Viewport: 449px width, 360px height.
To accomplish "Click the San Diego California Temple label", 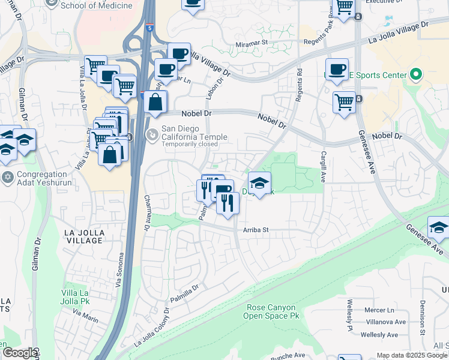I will click(194, 133).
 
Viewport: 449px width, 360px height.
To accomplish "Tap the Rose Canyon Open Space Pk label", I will click(272, 311).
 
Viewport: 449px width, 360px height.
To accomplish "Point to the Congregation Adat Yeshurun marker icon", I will click(7, 176).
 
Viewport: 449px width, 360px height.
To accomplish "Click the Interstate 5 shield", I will click(149, 27).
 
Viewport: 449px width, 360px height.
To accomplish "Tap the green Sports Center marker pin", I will click(415, 76).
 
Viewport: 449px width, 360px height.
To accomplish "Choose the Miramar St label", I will click(251, 43).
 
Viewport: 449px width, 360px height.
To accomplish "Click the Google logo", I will click(19, 353).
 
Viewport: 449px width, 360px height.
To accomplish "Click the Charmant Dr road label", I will click(146, 213).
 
